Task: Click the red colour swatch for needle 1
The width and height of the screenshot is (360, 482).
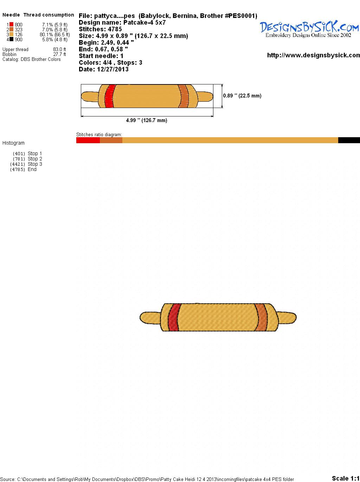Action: pyautogui.click(x=11, y=25)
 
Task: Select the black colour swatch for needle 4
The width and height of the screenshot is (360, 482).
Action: pyautogui.click(x=11, y=39)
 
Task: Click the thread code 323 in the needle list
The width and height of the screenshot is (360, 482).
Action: pyautogui.click(x=19, y=30)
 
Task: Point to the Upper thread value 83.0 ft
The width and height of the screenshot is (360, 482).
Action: pyautogui.click(x=59, y=49)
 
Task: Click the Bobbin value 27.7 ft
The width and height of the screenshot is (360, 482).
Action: pyautogui.click(x=59, y=54)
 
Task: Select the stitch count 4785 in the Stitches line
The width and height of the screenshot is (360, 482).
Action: pyautogui.click(x=115, y=29)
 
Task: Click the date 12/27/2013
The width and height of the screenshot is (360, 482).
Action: pyautogui.click(x=113, y=69)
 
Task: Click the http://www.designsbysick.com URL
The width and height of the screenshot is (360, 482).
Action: pyautogui.click(x=314, y=55)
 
